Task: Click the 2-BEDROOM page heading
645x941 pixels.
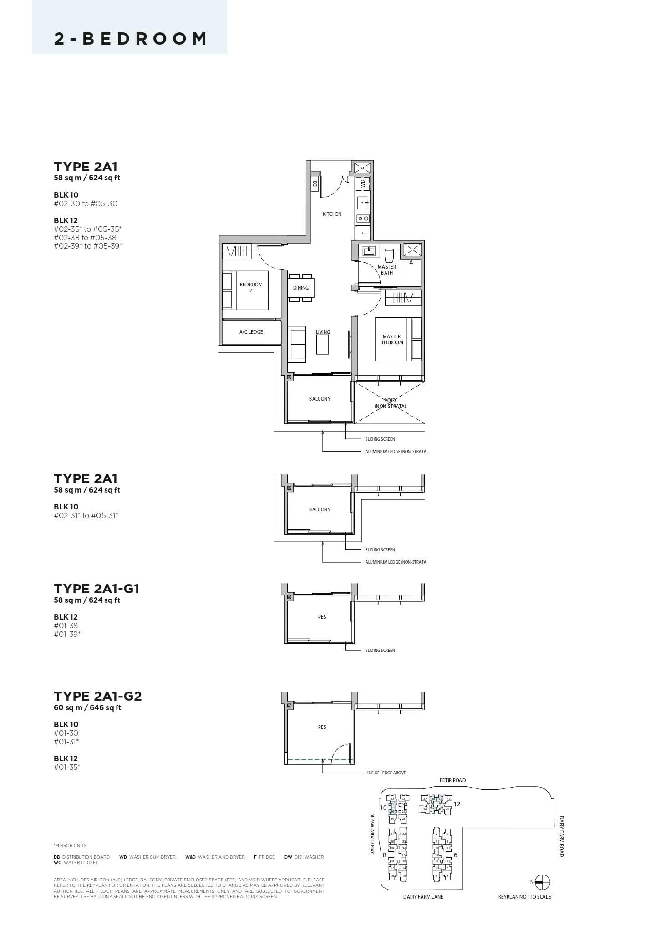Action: (x=130, y=39)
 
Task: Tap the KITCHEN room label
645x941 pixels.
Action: (x=332, y=214)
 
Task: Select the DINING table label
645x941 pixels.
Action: (x=300, y=288)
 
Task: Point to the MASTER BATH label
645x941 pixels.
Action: (x=386, y=270)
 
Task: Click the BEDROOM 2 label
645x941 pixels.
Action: (x=251, y=288)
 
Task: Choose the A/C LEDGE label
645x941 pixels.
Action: (x=251, y=332)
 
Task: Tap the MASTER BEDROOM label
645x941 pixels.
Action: (x=391, y=340)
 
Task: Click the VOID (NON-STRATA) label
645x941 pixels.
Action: (x=390, y=403)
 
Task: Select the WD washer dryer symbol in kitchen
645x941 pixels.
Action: (x=363, y=183)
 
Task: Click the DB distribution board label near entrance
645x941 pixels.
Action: (x=315, y=183)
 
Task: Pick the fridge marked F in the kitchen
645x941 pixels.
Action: (x=362, y=233)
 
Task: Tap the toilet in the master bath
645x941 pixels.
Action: (x=389, y=254)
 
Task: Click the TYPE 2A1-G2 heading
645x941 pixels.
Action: (x=98, y=696)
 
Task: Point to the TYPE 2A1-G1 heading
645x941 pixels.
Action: (x=96, y=589)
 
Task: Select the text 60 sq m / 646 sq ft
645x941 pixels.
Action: (x=87, y=707)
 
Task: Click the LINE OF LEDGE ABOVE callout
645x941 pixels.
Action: (x=385, y=773)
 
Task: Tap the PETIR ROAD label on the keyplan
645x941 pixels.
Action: (x=452, y=780)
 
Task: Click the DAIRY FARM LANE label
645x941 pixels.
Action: (x=423, y=897)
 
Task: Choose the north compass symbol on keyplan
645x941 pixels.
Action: (x=542, y=882)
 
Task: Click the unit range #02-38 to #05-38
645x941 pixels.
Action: (x=85, y=238)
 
